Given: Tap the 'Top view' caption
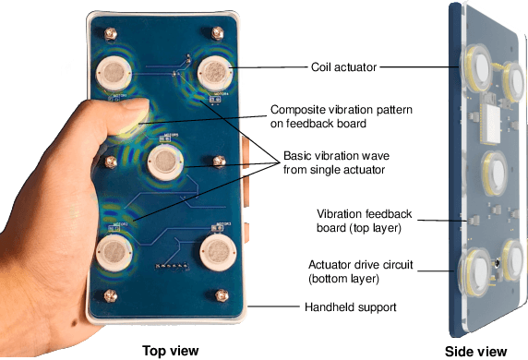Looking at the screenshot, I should (169, 350).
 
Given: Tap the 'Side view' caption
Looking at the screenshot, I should (477, 351).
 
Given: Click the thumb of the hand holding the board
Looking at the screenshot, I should (130, 117).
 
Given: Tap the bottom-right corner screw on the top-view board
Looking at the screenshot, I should (222, 295).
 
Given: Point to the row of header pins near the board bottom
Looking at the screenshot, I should (168, 268).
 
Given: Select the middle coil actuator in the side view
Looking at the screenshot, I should (492, 172).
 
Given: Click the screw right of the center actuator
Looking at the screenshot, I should (219, 162).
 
